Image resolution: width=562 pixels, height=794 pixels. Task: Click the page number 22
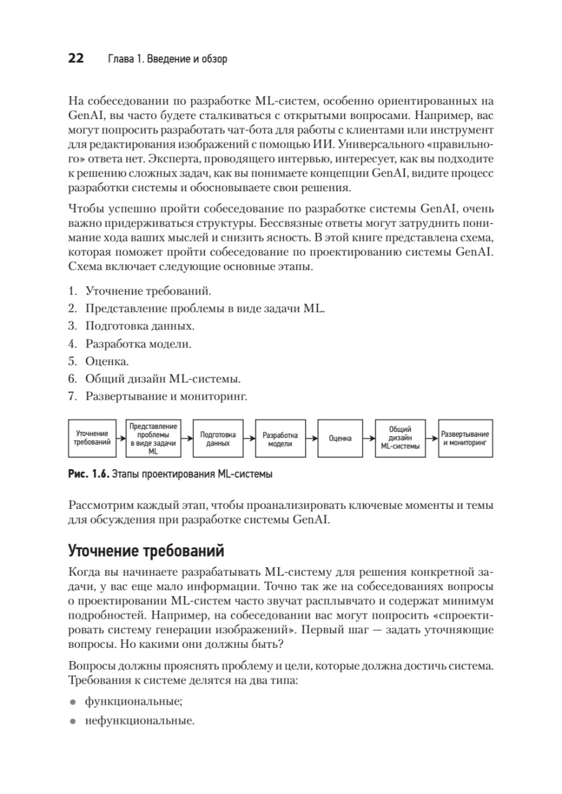pos(75,59)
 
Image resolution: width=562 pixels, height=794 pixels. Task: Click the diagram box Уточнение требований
pos(92,438)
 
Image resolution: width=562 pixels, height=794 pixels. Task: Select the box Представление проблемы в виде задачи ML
pos(154,438)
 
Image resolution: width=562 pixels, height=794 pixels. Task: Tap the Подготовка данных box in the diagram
pos(218,438)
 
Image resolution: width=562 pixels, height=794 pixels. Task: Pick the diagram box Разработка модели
pos(280,438)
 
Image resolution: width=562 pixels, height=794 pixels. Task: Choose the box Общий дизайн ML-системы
pos(401,438)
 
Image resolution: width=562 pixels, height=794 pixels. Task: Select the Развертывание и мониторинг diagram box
pos(465,438)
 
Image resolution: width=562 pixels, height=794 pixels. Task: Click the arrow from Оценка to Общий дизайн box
pos(369,438)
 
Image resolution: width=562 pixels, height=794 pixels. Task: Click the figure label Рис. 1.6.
pos(87,474)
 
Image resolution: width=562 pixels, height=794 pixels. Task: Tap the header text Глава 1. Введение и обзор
pos(167,60)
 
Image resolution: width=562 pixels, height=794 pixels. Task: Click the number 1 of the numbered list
pos(72,290)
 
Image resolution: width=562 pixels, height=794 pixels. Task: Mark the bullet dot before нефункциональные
pos(73,722)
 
